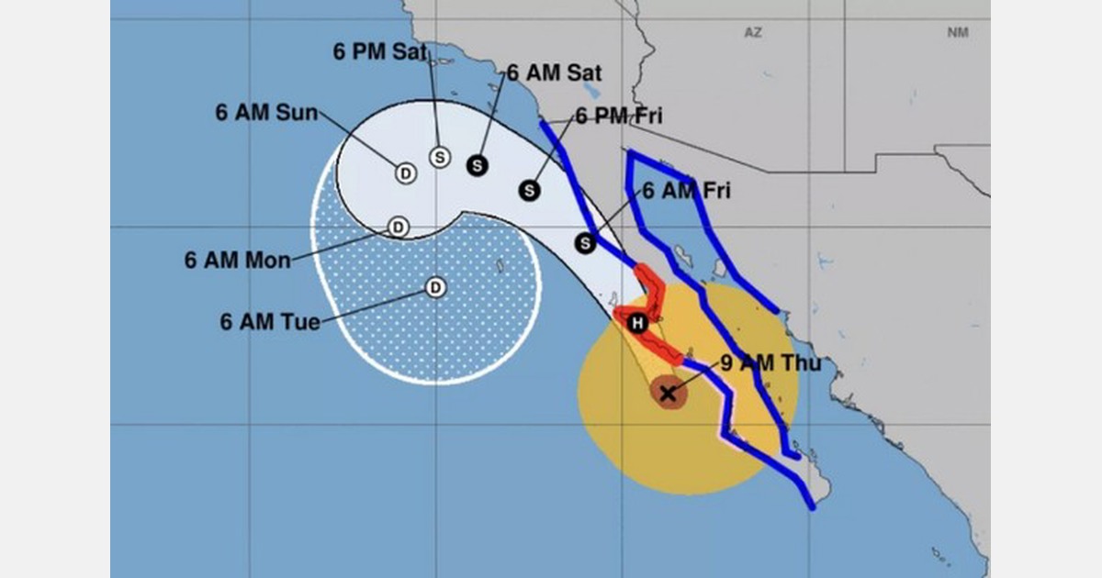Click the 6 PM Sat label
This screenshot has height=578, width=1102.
378,52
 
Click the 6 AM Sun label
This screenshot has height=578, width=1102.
266,113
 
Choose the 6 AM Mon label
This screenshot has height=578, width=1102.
237,260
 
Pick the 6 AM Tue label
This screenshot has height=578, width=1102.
270,322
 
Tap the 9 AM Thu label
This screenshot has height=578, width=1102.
770,363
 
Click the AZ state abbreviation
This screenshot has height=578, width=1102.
753,32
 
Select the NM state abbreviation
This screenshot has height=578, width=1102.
958,32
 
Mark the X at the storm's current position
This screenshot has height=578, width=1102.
668,393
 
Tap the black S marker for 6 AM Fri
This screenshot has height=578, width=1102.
586,243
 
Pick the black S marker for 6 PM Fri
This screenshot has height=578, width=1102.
529,191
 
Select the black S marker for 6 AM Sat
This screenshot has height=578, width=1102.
477,165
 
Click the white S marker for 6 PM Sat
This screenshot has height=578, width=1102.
440,157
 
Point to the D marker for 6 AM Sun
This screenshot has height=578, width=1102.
405,172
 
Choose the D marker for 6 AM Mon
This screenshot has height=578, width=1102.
399,227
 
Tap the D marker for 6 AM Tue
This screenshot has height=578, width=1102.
436,288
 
